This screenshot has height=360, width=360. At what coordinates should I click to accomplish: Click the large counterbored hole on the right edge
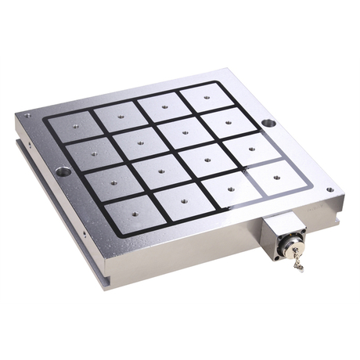(268, 123)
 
